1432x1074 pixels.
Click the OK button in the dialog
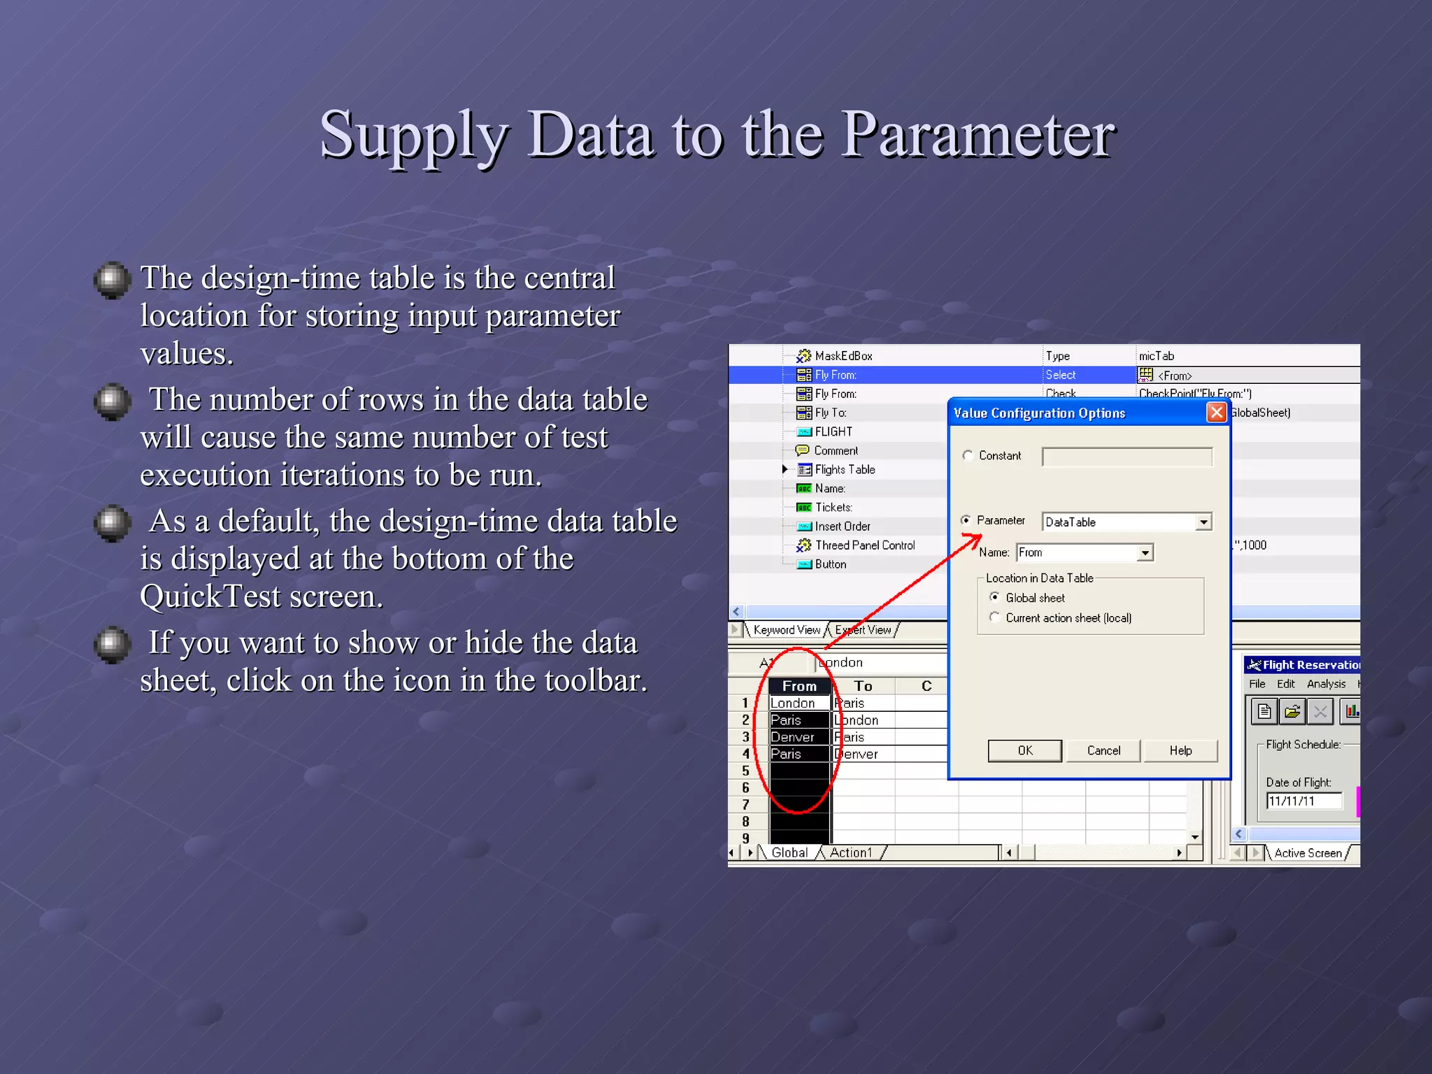(1024, 750)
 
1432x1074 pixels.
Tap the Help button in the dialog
(1180, 750)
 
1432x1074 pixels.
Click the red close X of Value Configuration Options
(1217, 413)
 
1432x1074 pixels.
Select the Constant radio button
(968, 455)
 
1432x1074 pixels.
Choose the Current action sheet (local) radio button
(994, 617)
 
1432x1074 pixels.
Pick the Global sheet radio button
(994, 597)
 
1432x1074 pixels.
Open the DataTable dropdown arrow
(1203, 522)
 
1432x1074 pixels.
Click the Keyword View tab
(787, 630)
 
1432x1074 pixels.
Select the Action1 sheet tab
(851, 853)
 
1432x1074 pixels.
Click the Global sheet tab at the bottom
(789, 853)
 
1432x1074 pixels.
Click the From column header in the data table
(799, 686)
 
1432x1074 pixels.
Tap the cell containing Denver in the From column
(793, 737)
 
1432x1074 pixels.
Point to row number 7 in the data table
(745, 805)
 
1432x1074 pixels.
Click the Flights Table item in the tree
(845, 470)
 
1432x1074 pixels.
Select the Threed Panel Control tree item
(864, 545)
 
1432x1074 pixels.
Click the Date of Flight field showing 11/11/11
(1304, 801)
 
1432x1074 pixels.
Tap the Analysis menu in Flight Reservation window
(1326, 684)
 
